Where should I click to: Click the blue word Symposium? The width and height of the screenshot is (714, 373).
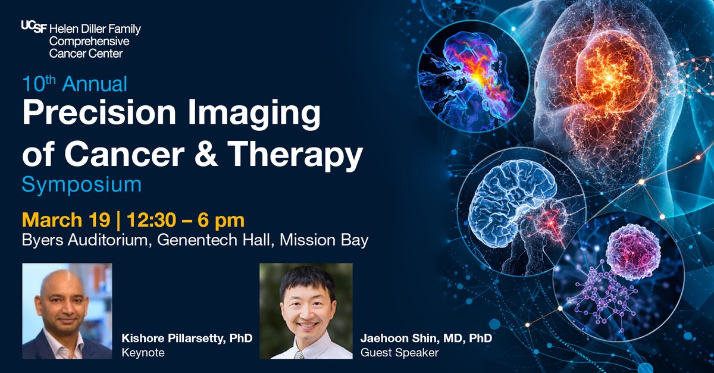[x=82, y=184]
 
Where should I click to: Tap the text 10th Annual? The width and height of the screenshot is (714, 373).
[x=75, y=84]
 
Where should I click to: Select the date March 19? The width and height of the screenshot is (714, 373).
[x=66, y=220]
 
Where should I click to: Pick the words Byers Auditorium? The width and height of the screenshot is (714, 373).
[x=81, y=240]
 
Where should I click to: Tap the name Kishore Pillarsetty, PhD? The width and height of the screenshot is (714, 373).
[x=187, y=338]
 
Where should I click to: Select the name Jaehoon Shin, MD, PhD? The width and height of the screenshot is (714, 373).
[x=427, y=338]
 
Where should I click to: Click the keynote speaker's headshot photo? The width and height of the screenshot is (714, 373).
[x=67, y=311]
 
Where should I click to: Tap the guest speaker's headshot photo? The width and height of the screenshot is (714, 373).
[x=306, y=311]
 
